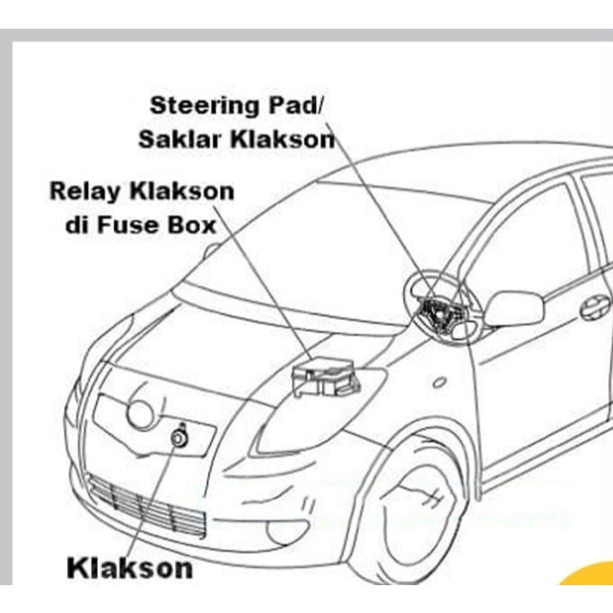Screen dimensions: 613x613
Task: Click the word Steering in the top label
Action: coord(202,105)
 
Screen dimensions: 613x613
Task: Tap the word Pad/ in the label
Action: coord(295,105)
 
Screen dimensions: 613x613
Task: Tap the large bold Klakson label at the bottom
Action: coord(129,567)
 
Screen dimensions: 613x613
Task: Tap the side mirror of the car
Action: coord(512,307)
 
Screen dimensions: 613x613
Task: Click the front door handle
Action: coord(594,308)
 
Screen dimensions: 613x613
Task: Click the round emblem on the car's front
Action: coord(140,413)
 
